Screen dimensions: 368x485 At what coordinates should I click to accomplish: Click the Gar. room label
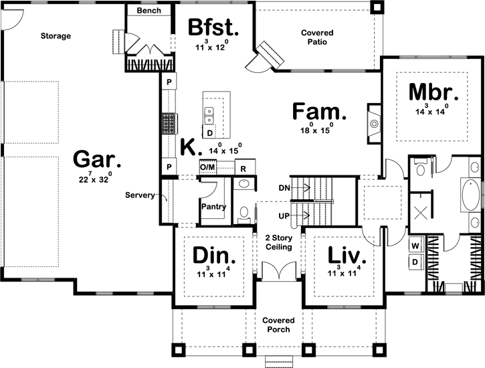pos(97,161)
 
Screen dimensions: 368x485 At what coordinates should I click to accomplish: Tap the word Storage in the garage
pos(56,35)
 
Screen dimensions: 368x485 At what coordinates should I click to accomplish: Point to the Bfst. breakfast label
pos(213,28)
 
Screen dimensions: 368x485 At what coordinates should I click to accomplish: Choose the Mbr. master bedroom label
pos(433,92)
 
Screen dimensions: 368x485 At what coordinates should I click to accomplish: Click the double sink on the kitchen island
pos(209,115)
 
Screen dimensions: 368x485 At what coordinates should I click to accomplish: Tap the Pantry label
pos(213,207)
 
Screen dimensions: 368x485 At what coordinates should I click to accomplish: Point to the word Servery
pos(140,196)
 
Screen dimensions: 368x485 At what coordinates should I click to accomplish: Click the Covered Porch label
pos(278,324)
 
